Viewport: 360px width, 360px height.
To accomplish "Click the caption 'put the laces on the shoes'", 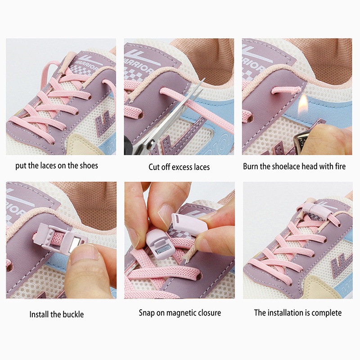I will (57, 166).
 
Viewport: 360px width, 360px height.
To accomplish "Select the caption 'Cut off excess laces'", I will (179, 167).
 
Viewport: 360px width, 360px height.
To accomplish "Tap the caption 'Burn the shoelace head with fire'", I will (294, 166).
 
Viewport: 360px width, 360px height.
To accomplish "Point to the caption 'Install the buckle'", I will (57, 314).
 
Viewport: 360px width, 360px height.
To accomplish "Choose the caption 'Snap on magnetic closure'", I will (180, 313).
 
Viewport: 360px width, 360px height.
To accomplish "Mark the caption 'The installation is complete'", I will (297, 312).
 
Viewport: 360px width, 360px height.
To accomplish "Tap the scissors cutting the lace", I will (175, 119).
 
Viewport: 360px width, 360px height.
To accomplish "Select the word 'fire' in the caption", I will (339, 166).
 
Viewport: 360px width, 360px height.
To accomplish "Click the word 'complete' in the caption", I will (326, 312).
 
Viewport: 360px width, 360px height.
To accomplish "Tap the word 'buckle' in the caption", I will (73, 314).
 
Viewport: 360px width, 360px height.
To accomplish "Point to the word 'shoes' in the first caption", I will (88, 166).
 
